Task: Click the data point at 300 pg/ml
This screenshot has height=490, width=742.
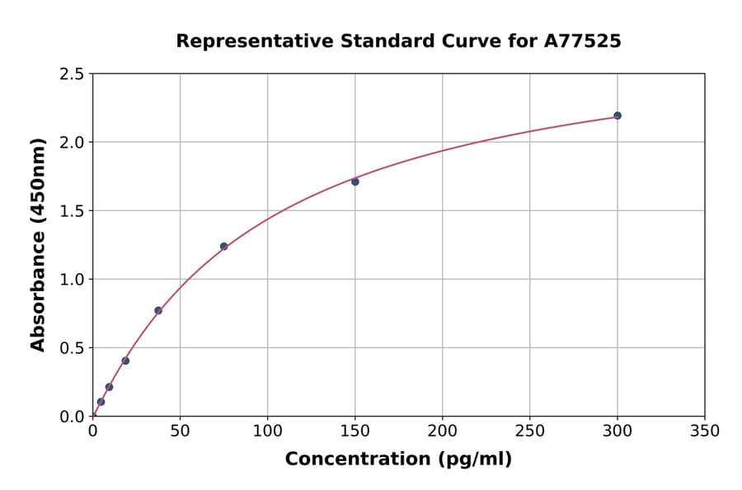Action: click(x=618, y=115)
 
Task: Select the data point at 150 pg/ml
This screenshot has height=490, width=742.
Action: click(x=355, y=181)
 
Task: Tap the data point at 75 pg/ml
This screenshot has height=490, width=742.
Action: click(x=223, y=246)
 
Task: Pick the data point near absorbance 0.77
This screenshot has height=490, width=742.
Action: click(x=158, y=310)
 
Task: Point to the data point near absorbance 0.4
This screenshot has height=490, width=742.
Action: click(x=125, y=360)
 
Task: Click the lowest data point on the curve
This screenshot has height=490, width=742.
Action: click(x=101, y=402)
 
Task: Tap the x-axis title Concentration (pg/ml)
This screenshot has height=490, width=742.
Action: click(x=398, y=459)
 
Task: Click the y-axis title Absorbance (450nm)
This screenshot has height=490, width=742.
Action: click(x=38, y=244)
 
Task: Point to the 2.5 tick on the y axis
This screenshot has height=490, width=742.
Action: click(x=72, y=74)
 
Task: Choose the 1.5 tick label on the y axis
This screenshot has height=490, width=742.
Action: click(x=72, y=211)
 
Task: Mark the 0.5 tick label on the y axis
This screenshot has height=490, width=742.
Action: click(x=72, y=348)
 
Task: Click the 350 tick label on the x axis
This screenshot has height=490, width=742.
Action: click(x=704, y=431)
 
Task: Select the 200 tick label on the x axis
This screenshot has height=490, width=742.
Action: click(x=442, y=431)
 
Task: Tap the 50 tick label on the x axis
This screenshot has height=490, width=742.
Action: click(x=180, y=431)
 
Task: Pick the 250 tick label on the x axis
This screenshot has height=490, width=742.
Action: click(x=529, y=431)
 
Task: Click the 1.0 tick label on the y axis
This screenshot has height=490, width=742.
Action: click(x=72, y=280)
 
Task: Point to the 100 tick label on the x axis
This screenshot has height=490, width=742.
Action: click(x=267, y=431)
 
